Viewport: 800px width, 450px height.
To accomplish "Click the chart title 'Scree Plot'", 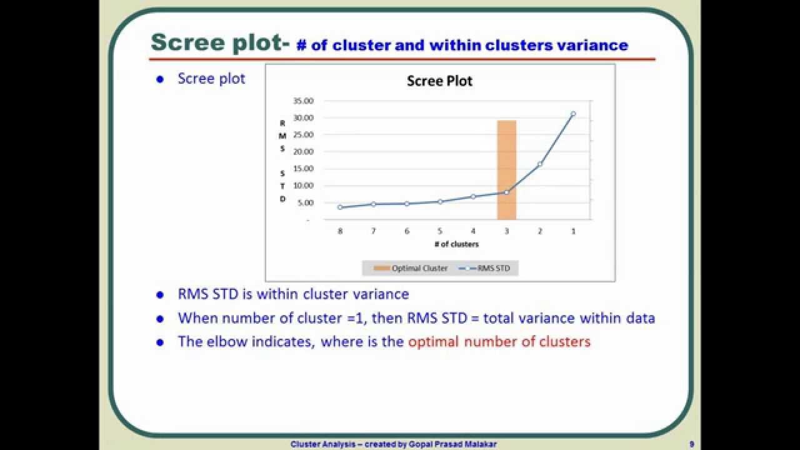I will pyautogui.click(x=439, y=81).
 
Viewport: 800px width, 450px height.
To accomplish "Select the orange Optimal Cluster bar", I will pyautogui.click(x=506, y=169).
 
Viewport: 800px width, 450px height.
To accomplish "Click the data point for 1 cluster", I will pyautogui.click(x=573, y=114).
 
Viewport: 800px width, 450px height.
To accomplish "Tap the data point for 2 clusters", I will pyautogui.click(x=540, y=164).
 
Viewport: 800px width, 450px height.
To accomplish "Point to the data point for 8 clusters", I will pyautogui.click(x=340, y=207).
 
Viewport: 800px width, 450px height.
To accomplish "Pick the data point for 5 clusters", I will pyautogui.click(x=440, y=201).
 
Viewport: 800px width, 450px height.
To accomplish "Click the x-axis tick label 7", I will pyautogui.click(x=373, y=231).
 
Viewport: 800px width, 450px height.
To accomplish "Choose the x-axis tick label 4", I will pyautogui.click(x=473, y=231).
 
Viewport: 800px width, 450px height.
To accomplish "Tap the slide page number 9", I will pyautogui.click(x=691, y=444).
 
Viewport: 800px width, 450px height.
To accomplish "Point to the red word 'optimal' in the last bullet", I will pyautogui.click(x=433, y=342).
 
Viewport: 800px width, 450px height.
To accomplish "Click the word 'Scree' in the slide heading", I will pyautogui.click(x=182, y=42).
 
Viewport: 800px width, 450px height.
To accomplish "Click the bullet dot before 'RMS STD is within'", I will pyautogui.click(x=160, y=294).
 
